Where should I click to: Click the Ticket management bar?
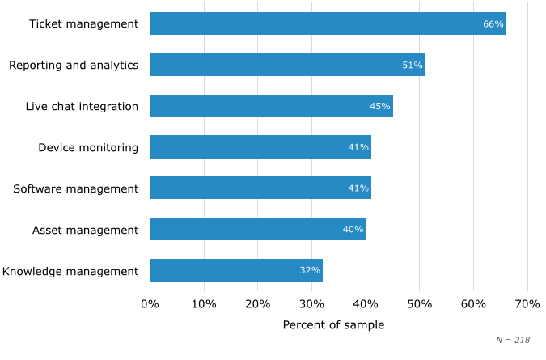328,23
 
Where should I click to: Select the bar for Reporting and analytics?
287,65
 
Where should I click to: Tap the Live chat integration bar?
271,106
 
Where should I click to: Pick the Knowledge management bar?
236,270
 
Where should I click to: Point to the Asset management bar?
257,229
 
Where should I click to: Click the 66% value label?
493,23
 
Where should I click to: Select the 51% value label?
413,65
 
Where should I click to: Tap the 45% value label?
380,106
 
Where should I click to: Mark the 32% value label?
310,270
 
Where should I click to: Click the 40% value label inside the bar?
353,229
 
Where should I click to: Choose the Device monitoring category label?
88,147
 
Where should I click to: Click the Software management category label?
75,188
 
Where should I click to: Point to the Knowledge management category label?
70,270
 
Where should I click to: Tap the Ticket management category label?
83,23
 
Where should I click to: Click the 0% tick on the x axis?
150,304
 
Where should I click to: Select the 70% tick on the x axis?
527,304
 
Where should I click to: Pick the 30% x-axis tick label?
311,304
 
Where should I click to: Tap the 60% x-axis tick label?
473,304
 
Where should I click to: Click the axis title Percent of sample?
333,324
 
